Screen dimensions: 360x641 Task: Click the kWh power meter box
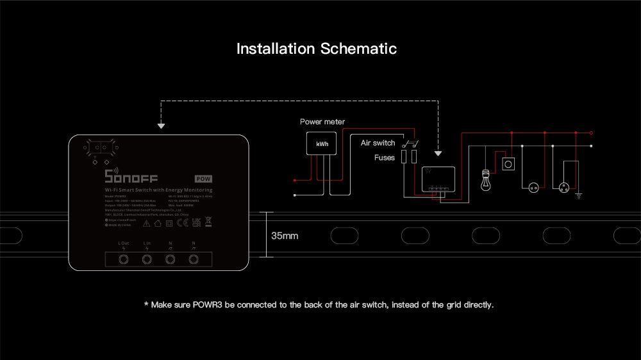322,144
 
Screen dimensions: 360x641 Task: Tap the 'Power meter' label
322,122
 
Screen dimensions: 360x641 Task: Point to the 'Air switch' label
378,143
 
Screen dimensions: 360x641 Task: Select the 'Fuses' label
385,157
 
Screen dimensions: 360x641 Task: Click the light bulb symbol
486,180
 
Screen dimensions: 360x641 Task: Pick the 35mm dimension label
285,236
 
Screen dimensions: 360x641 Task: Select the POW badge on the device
204,179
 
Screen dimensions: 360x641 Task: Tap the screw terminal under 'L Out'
124,259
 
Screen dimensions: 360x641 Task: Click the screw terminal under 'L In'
147,259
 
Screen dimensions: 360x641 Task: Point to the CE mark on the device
181,223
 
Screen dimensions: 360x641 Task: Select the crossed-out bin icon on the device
208,222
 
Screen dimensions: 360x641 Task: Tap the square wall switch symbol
510,164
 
